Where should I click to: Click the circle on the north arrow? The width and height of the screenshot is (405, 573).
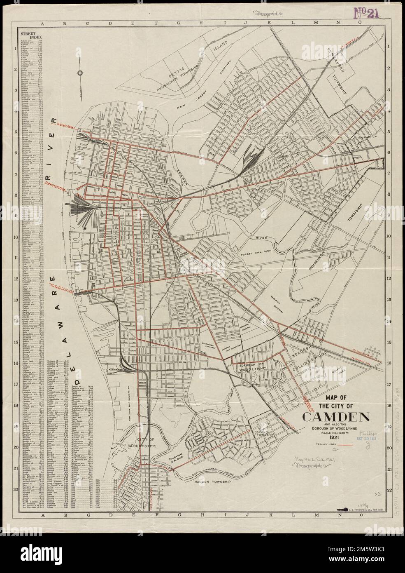coord(80,73)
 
